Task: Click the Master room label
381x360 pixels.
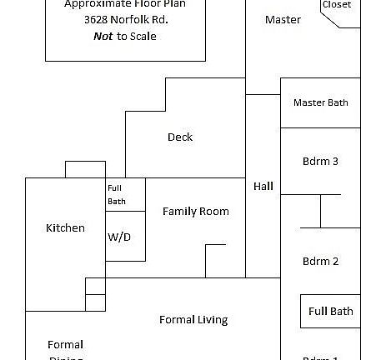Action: (283, 20)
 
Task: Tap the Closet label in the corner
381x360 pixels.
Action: (336, 5)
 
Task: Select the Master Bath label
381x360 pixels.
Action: (320, 103)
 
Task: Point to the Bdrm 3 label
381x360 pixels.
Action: (320, 162)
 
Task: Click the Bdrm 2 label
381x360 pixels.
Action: (320, 262)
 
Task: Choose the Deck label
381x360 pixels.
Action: (180, 137)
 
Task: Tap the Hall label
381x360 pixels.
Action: (263, 187)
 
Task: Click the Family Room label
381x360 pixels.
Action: (195, 212)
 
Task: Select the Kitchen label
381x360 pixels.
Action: (65, 228)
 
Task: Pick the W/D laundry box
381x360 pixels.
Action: (119, 237)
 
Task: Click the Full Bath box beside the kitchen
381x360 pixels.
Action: (117, 194)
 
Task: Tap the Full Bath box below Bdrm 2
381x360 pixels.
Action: (330, 312)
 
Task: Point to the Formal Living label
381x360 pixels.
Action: (193, 320)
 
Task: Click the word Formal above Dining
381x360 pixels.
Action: (65, 344)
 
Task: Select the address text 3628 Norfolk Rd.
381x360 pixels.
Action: (125, 20)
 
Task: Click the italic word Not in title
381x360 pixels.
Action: (103, 37)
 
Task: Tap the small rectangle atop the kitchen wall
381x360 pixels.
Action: (85, 169)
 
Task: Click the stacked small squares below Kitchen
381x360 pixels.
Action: (95, 294)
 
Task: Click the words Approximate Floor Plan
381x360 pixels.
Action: (125, 4)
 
